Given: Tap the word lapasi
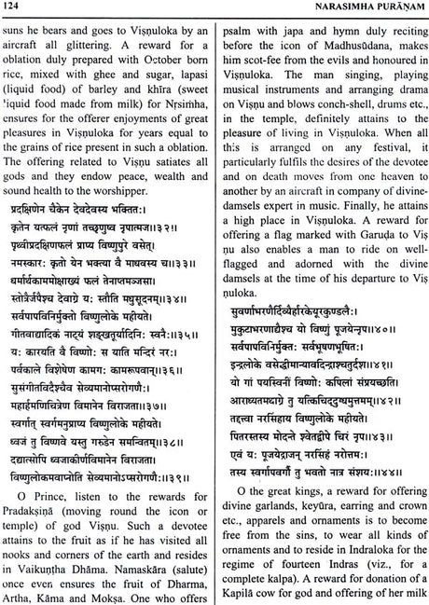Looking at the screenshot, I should [189, 102].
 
